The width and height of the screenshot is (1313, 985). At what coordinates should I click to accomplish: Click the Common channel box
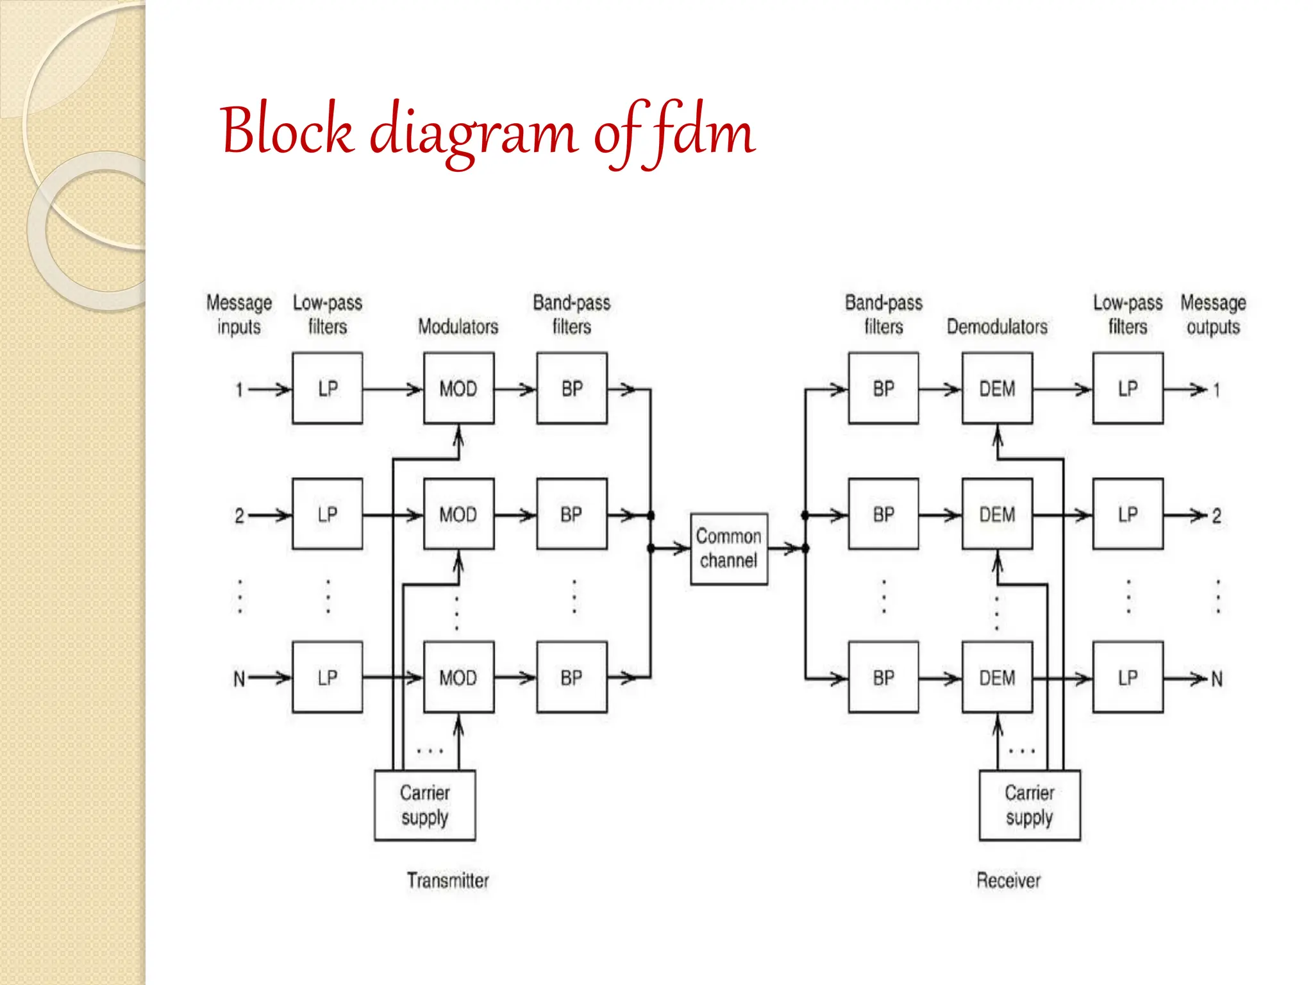tap(729, 548)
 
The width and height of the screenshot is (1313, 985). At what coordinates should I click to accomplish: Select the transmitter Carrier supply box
tap(424, 805)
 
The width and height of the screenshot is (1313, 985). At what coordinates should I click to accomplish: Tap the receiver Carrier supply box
tap(1029, 805)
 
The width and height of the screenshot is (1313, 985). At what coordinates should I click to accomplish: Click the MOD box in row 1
tap(458, 388)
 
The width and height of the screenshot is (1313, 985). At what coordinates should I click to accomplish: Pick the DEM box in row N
tap(997, 677)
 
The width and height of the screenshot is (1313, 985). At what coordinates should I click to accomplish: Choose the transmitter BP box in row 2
tap(571, 514)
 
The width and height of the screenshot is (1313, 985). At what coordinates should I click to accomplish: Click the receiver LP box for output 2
tap(1128, 514)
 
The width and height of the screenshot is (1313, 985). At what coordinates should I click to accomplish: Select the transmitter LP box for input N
tap(327, 677)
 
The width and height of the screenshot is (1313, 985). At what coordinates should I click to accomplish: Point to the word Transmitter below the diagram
tap(447, 880)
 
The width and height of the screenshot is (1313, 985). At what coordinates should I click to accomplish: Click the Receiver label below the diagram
tap(1008, 880)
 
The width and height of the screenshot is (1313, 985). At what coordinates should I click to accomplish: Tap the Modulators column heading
tap(458, 326)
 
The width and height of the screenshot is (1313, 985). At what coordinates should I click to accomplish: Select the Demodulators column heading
tap(997, 326)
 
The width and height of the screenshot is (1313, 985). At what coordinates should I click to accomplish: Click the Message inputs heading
tap(238, 314)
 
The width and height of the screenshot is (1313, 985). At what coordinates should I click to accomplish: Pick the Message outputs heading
tap(1213, 314)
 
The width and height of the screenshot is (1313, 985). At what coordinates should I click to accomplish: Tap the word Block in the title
tap(287, 130)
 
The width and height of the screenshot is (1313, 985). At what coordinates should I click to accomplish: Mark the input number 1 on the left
tap(239, 389)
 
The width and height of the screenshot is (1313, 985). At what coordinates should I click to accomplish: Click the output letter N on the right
tap(1216, 678)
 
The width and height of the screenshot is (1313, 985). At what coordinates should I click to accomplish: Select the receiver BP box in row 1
tap(883, 388)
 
